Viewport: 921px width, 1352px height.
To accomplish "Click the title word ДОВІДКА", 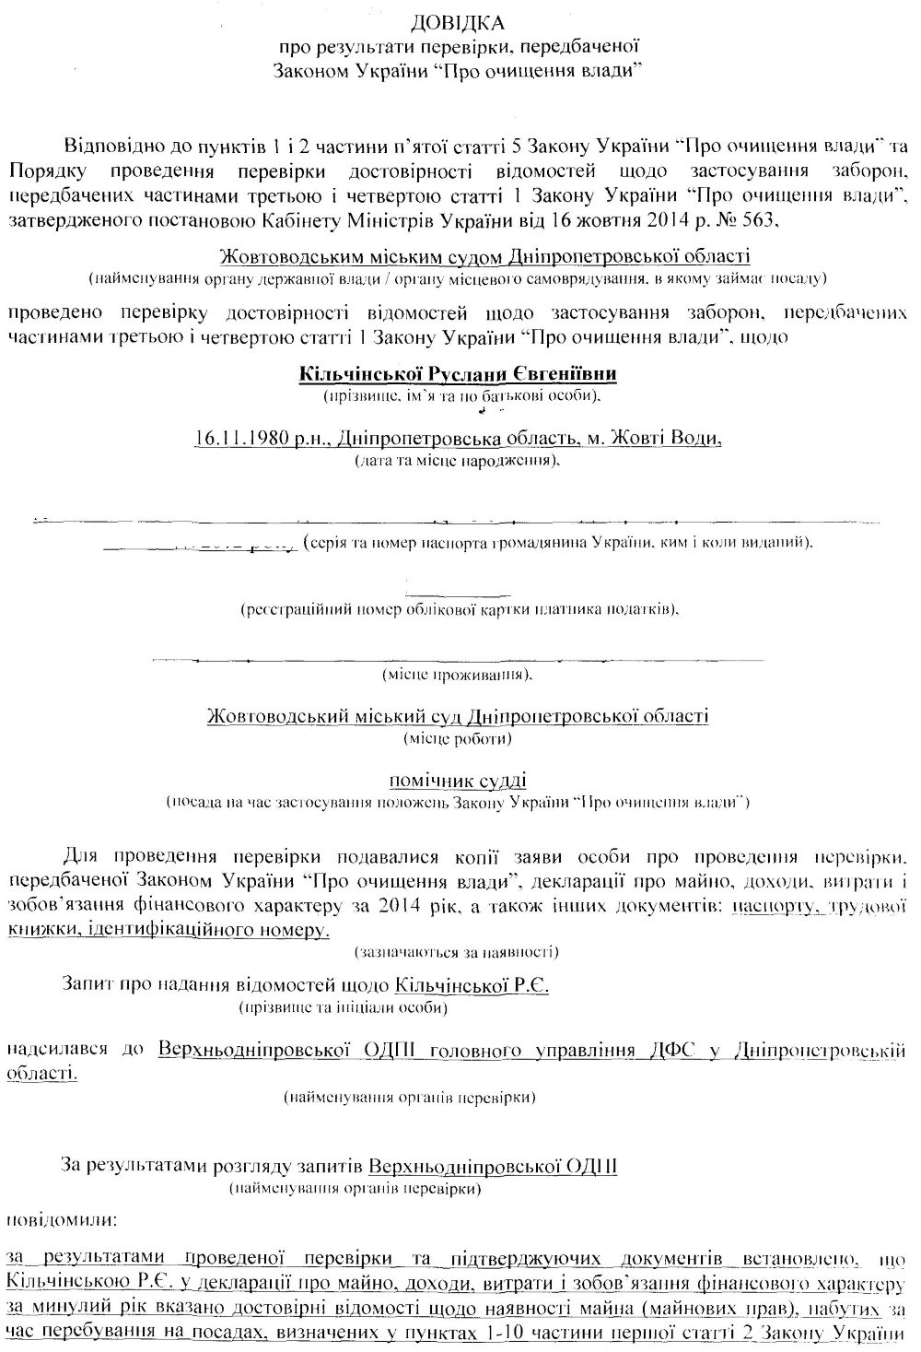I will (458, 21).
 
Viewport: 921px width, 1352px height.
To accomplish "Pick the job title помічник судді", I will (459, 780).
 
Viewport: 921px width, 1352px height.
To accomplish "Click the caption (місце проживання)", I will (458, 675).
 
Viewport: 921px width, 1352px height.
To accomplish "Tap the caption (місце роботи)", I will (458, 737).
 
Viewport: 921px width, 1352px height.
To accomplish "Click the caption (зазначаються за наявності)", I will (458, 949).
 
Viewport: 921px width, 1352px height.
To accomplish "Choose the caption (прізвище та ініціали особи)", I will (343, 1007).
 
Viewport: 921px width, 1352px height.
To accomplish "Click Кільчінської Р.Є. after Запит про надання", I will (472, 985).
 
